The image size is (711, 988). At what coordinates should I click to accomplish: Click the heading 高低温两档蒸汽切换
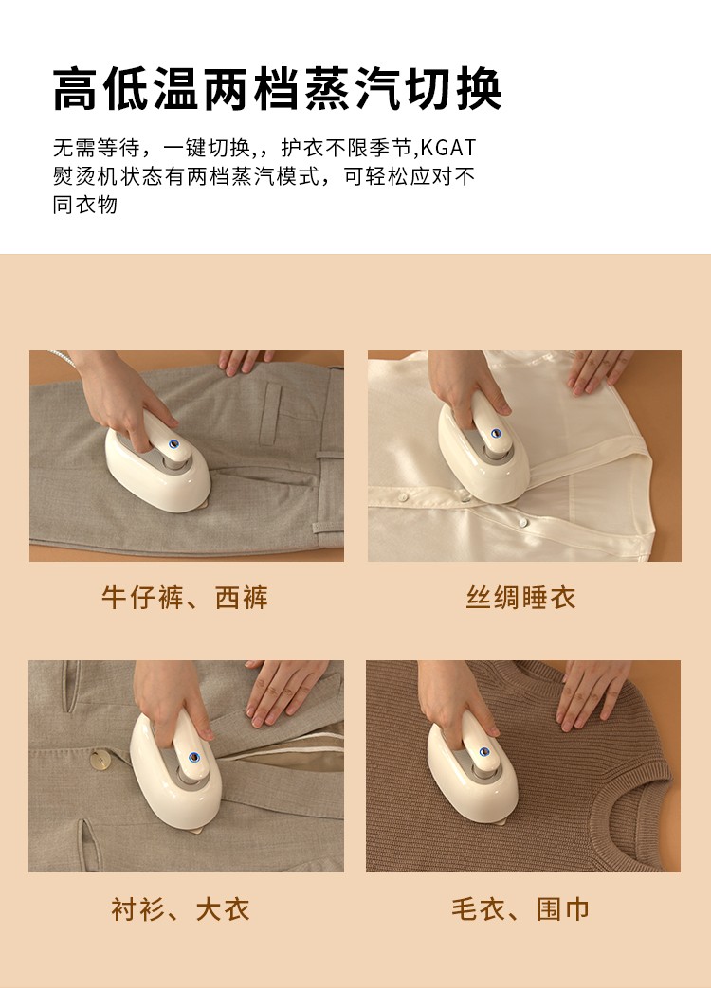(x=278, y=89)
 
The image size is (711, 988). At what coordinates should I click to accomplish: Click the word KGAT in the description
(x=448, y=148)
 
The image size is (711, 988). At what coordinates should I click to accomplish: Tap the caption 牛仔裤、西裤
(x=185, y=598)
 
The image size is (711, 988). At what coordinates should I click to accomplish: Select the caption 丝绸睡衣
(x=520, y=598)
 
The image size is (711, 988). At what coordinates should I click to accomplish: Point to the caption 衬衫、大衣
(x=180, y=909)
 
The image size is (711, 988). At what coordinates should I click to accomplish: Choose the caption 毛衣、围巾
(x=520, y=909)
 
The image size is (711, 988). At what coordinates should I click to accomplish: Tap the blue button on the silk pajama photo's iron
(x=496, y=434)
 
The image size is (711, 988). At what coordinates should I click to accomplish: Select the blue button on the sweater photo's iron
(x=484, y=751)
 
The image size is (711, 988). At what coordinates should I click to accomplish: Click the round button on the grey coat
(x=100, y=760)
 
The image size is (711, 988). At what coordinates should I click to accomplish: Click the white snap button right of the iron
(x=521, y=522)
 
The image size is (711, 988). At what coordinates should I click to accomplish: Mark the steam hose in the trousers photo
(x=63, y=357)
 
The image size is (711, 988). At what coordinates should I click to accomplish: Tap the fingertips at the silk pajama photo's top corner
(x=599, y=369)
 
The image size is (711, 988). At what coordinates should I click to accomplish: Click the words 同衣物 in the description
(x=85, y=205)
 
